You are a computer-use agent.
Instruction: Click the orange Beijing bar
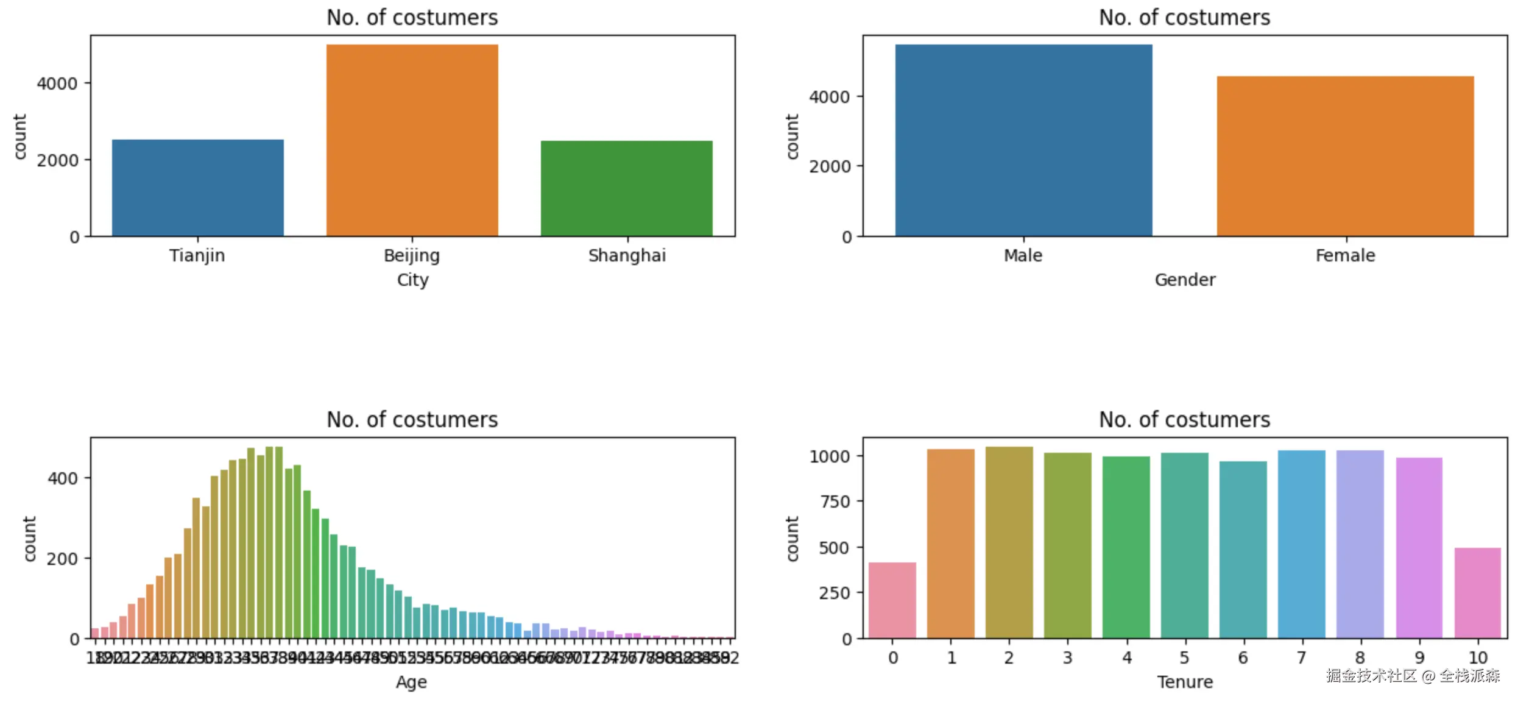point(412,140)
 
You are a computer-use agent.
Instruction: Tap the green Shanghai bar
point(626,188)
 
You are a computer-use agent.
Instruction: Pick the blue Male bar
point(1023,140)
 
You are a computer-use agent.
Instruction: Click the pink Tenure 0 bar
point(892,600)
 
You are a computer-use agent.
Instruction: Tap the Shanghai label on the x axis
point(627,255)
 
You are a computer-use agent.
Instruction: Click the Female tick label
point(1345,255)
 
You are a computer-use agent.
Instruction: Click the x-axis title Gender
point(1185,280)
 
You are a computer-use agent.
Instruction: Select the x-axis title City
point(412,280)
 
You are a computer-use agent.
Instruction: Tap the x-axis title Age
point(411,682)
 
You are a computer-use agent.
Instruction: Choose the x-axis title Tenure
point(1185,682)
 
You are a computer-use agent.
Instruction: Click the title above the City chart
point(412,18)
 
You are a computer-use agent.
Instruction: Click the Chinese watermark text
point(1413,675)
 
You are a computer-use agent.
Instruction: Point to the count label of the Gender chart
point(792,136)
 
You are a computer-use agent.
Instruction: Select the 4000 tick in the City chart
point(57,83)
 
